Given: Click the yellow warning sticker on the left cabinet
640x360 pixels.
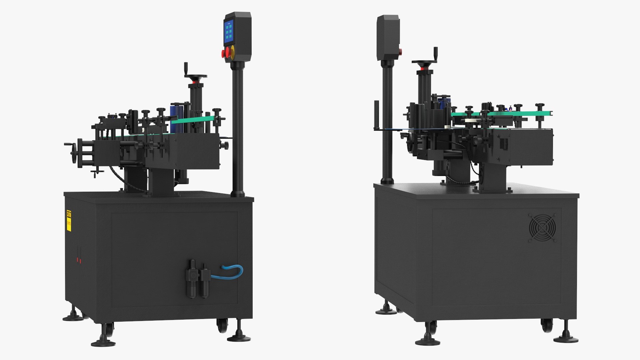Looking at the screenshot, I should point(69,220).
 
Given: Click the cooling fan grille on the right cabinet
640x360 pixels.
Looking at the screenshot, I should point(542,228).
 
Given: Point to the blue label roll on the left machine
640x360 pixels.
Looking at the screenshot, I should point(176,117).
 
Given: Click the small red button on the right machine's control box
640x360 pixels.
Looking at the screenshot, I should point(400,51).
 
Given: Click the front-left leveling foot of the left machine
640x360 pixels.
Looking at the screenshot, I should point(103,342).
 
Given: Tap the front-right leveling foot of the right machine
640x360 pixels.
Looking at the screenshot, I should point(566,338).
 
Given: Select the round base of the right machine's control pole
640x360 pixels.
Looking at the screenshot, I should point(387,181).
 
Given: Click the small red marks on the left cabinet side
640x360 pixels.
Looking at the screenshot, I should point(79,260).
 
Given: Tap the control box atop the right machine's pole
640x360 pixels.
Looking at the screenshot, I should point(388,37).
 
